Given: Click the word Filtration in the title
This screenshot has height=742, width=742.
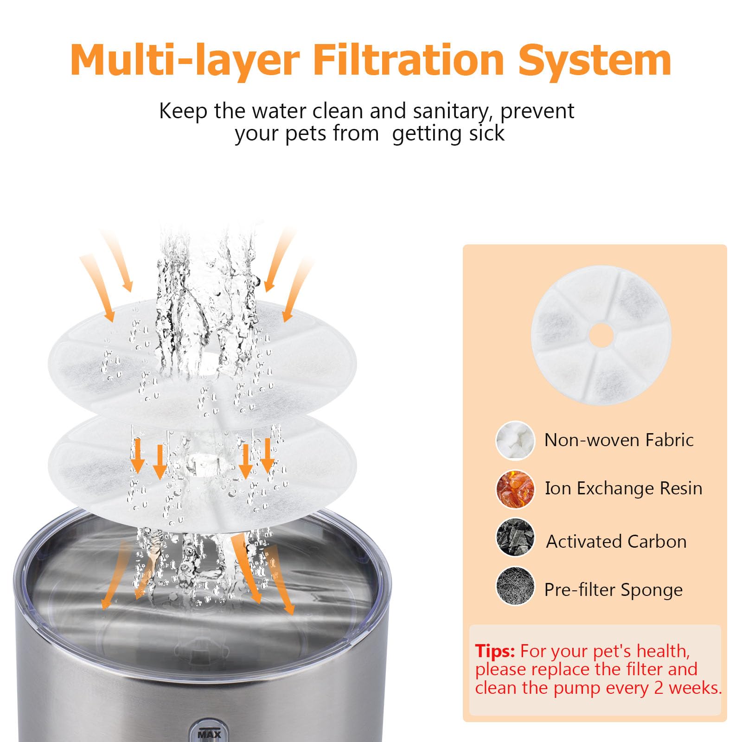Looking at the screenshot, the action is (409, 60).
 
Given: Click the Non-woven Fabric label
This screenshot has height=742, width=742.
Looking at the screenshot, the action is (619, 440).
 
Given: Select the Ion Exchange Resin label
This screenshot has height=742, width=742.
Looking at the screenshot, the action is (623, 488).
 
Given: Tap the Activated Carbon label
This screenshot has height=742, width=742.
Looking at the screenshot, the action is (616, 541).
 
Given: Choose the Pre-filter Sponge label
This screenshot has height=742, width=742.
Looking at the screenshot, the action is (613, 590).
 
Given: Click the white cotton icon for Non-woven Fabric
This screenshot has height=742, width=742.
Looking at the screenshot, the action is (515, 441).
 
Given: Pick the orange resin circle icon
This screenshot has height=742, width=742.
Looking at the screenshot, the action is (515, 489).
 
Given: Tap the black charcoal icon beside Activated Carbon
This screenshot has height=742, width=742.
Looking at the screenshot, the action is (515, 538).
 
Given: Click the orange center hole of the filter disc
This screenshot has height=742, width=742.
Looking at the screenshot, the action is (601, 335).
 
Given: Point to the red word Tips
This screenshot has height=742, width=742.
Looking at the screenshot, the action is (495, 651).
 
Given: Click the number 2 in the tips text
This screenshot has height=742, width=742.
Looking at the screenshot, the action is (659, 688).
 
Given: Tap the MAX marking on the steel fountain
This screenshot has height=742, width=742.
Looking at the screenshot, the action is (210, 735).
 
